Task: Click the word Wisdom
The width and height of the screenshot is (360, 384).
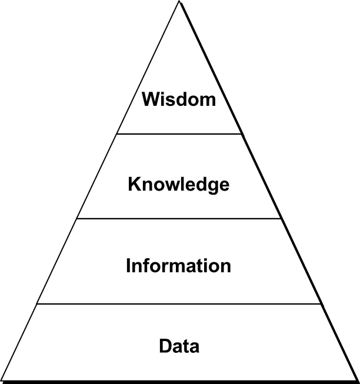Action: pyautogui.click(x=179, y=99)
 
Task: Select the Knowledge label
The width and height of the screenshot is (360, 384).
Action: pyautogui.click(x=179, y=185)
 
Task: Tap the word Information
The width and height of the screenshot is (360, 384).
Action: pyautogui.click(x=178, y=266)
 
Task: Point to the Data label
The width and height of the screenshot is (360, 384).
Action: pyautogui.click(x=179, y=346)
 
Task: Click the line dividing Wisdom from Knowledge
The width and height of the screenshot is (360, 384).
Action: pyautogui.click(x=179, y=134)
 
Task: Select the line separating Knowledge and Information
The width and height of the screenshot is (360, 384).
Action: pyautogui.click(x=179, y=219)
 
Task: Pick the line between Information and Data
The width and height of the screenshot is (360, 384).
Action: pyautogui.click(x=179, y=304)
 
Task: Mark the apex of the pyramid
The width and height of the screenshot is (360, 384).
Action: pyautogui.click(x=179, y=4)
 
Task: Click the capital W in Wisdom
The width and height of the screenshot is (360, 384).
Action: pyautogui.click(x=150, y=99)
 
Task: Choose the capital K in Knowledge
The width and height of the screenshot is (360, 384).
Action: pyautogui.click(x=134, y=185)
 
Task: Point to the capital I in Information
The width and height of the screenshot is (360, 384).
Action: pyautogui.click(x=128, y=266)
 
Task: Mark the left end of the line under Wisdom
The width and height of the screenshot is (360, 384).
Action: pyautogui.click(x=118, y=134)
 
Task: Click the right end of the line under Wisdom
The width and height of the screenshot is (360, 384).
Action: pyautogui.click(x=241, y=134)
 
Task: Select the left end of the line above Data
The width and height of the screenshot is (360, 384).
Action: pyautogui.click(x=38, y=304)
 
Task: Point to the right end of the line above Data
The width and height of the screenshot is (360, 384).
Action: pyautogui.click(x=321, y=304)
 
